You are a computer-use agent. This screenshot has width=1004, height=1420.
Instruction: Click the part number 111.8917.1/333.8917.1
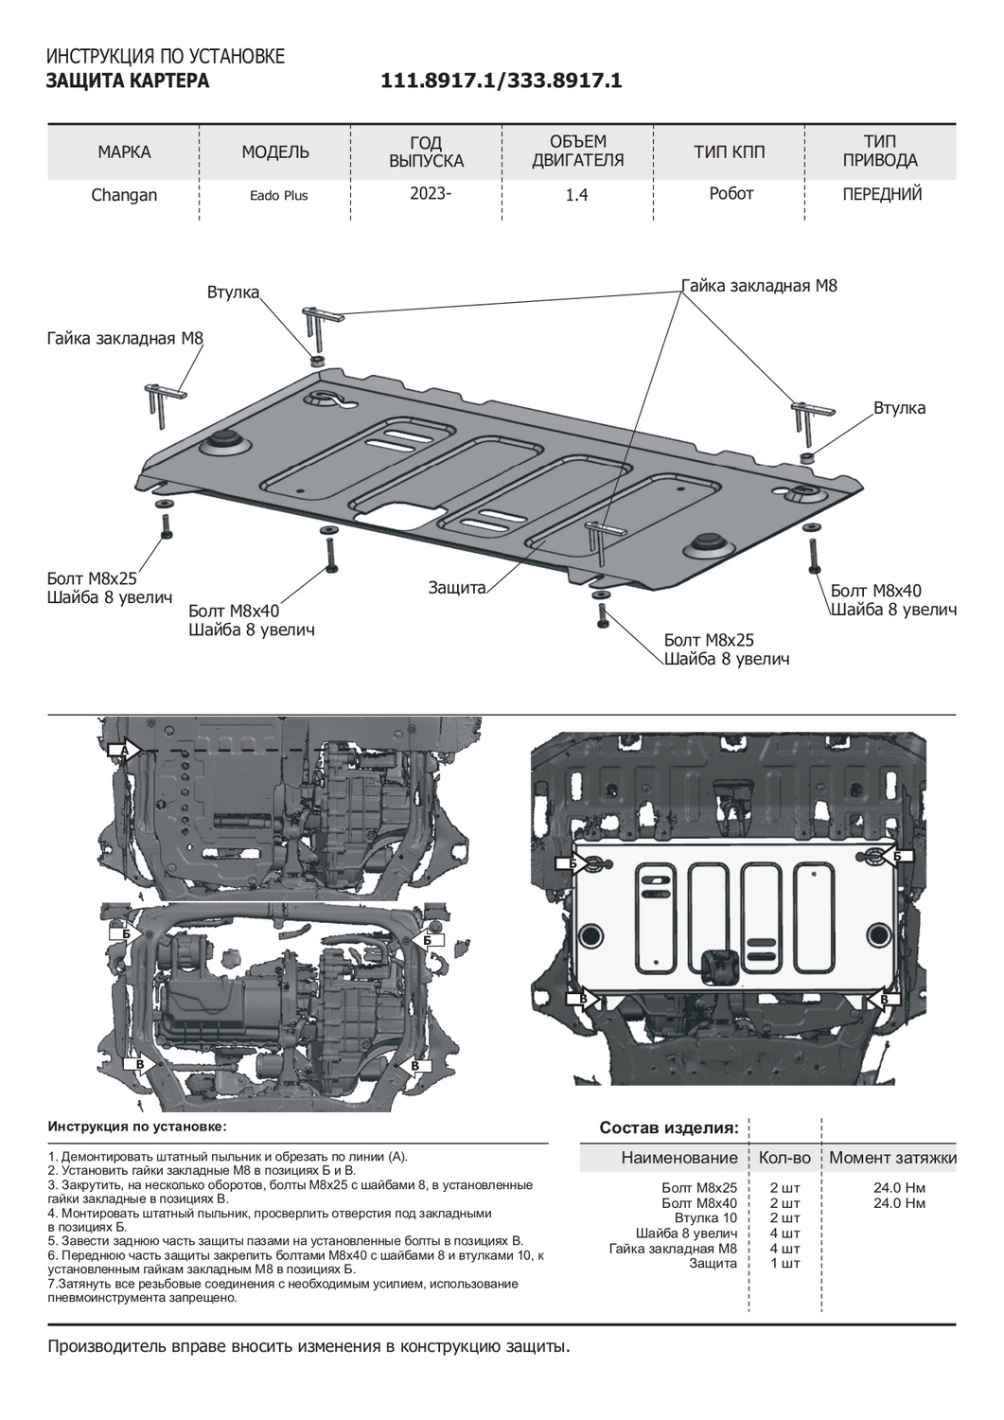coord(501,81)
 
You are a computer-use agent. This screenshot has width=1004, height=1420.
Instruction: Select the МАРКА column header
coord(124,152)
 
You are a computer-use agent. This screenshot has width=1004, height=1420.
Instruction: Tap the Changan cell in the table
coord(124,195)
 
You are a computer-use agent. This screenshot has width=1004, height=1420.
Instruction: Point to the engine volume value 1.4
coord(576,195)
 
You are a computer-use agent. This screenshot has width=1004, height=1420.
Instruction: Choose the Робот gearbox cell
coord(731,193)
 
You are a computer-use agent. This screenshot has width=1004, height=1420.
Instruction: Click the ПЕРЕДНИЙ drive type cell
coord(882,194)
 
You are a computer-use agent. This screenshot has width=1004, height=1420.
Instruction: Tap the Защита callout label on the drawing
coord(456,588)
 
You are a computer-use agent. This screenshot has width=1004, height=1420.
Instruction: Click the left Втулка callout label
coord(233,293)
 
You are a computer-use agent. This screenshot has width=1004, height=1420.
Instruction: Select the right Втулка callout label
coord(899,408)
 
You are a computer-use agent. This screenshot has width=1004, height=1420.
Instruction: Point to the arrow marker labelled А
coord(124,750)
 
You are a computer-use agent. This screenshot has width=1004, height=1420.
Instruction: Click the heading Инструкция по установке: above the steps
coord(137,1127)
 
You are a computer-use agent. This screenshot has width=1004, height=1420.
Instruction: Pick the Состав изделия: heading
coord(668,1127)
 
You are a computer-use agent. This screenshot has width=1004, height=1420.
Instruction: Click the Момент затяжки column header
coord(892,1158)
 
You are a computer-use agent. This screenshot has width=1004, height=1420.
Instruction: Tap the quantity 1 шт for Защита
coord(785,1263)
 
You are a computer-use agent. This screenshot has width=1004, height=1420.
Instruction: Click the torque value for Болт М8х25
coord(900,1187)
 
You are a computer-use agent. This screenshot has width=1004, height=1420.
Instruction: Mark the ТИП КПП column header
coord(729,152)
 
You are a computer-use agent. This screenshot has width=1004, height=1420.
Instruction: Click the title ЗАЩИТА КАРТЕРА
coord(128,81)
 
